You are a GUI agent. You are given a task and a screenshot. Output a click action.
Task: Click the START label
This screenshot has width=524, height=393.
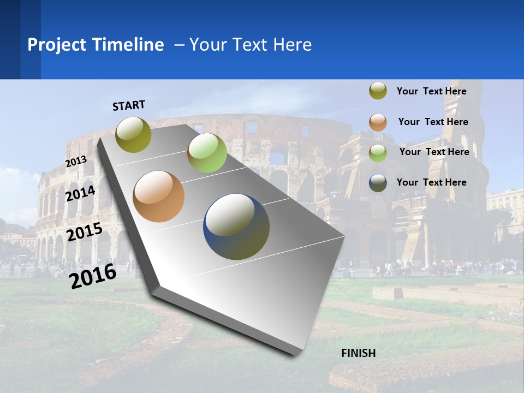coord(129,105)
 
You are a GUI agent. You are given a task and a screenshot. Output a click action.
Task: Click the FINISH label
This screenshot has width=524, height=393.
coord(358,353)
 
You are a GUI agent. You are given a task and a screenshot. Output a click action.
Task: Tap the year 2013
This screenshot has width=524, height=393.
coord(76,162)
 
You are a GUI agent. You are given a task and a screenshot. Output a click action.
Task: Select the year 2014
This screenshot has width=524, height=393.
coord(81,193)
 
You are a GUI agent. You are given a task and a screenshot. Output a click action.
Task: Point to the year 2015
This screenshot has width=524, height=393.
coord(85,231)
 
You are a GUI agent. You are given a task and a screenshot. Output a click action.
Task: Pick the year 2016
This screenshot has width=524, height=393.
coord(93,276)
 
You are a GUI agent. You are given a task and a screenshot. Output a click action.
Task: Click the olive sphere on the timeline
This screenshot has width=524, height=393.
coord(134,134)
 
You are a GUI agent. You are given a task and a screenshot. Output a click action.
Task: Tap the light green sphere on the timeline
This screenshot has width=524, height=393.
coord(207,153)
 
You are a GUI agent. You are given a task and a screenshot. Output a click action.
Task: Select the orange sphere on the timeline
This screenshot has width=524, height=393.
coord(159,196)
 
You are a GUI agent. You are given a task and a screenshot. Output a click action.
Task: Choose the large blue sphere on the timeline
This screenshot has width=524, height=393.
coord(236,227)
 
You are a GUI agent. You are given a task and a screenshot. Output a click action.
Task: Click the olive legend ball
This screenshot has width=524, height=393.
coord(378,91)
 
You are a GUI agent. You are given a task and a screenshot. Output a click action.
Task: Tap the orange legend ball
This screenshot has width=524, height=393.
coord(378,122)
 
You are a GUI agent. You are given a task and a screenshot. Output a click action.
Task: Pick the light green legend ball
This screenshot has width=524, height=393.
coord(378,152)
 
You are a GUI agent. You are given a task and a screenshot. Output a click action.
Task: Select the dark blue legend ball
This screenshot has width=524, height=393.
coord(378,183)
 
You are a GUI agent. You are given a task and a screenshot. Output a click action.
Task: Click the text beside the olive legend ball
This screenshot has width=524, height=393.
coord(431,91)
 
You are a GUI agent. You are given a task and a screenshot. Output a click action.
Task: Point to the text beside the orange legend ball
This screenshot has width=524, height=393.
coord(433,122)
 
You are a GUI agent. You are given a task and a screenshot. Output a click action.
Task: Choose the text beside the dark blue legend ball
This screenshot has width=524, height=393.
coord(431,182)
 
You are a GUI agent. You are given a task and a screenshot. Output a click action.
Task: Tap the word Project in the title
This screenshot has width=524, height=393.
coord(57,45)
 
